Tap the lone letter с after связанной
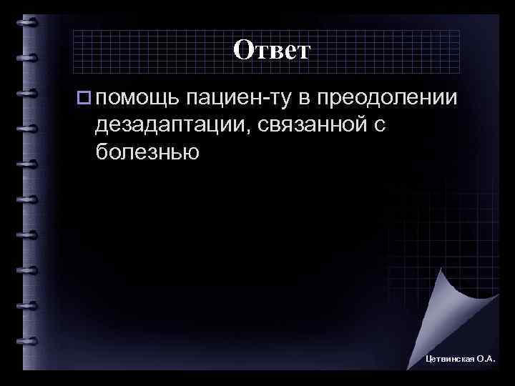[378, 126]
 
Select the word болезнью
[145, 153]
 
